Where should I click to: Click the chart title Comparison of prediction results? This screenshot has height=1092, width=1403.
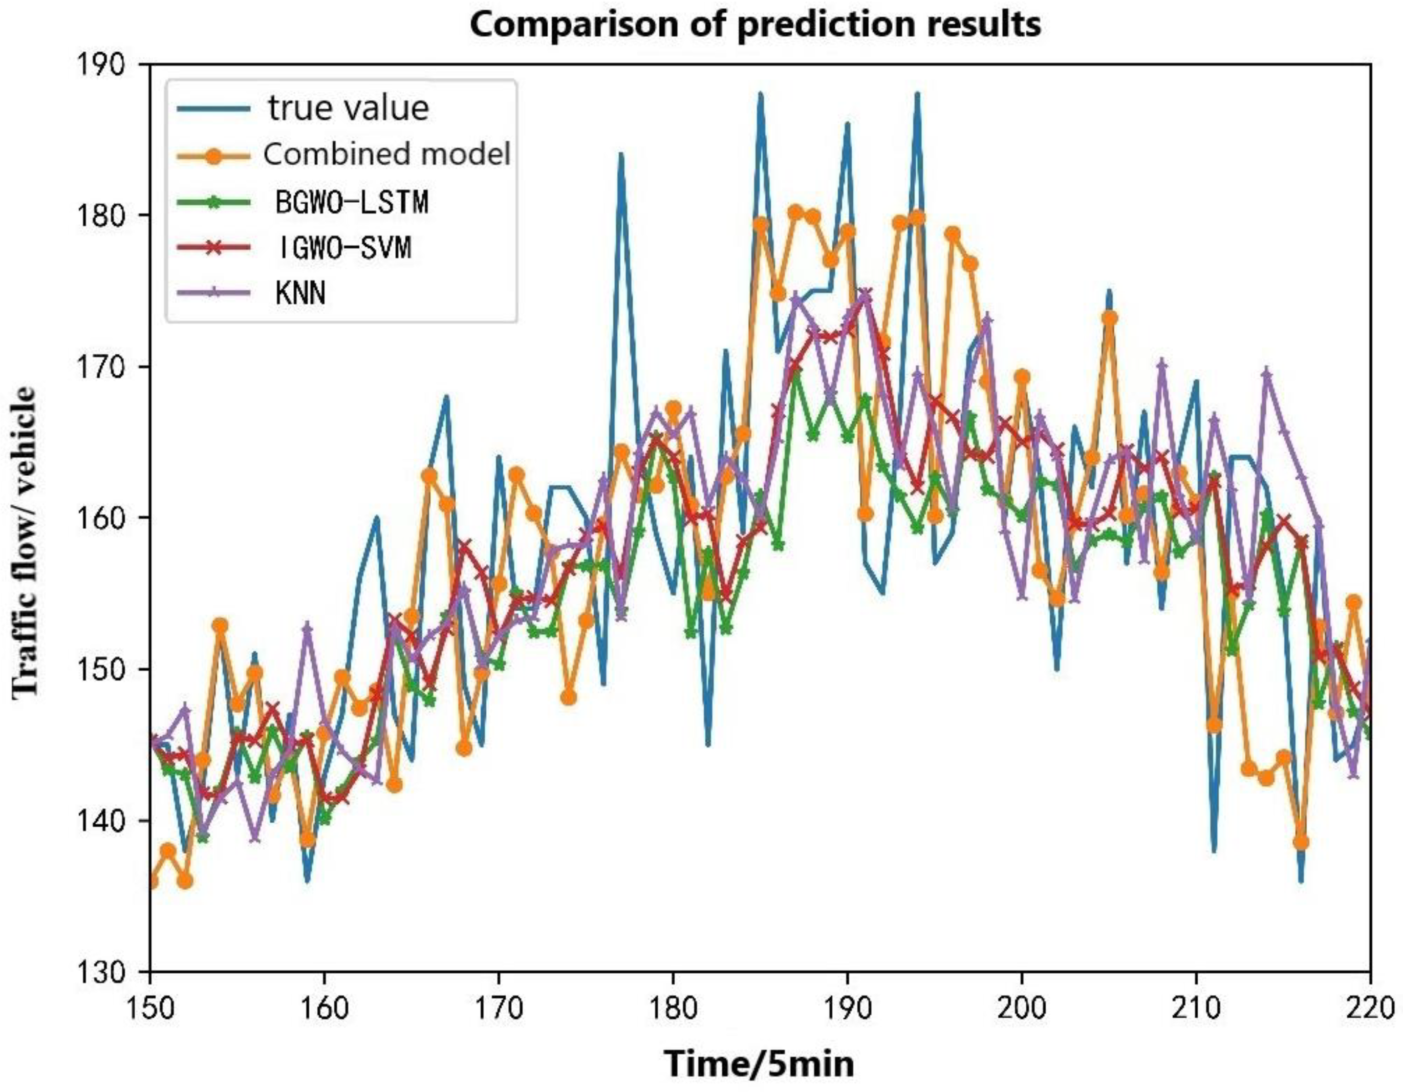[x=756, y=25]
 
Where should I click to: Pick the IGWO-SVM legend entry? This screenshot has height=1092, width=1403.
[x=343, y=248]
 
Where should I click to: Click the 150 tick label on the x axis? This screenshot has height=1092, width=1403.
[x=149, y=1007]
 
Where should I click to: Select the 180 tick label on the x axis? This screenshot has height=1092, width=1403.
[x=673, y=1007]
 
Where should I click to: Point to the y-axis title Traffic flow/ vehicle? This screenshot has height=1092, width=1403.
[x=26, y=540]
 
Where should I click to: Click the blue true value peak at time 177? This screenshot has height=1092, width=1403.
[x=620, y=154]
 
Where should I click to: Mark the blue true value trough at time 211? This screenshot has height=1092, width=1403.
[x=1214, y=851]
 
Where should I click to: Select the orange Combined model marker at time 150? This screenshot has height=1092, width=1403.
[x=151, y=882]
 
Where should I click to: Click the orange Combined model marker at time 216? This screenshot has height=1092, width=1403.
[x=1301, y=842]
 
